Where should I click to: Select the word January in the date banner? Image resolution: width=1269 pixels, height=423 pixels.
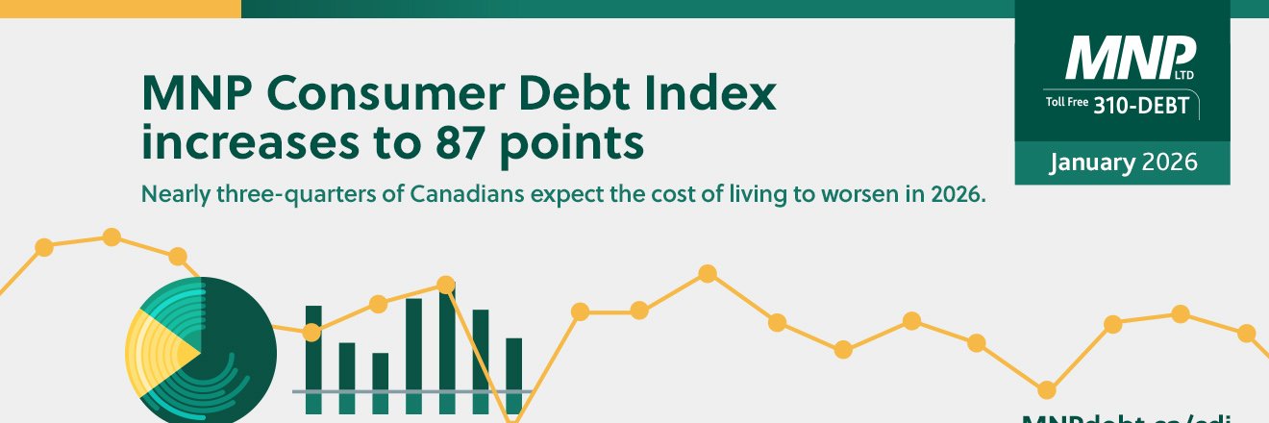[1092, 162]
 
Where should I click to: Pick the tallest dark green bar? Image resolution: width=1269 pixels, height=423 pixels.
[447, 351]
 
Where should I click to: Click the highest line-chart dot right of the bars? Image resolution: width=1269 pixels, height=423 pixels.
[707, 273]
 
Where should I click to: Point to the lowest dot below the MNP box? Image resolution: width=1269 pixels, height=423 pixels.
[1046, 389]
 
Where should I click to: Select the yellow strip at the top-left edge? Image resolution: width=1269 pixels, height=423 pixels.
[119, 9]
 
